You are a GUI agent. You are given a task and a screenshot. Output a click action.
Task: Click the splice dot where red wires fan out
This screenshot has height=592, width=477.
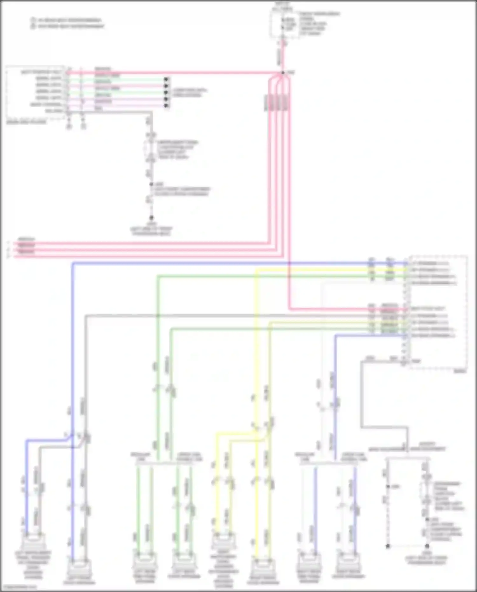283,73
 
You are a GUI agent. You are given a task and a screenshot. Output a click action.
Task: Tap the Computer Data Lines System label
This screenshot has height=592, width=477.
190,93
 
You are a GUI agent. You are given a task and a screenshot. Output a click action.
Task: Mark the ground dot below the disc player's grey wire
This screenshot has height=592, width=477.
151,218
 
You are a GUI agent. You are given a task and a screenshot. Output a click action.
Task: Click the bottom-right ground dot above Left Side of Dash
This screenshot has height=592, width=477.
427,546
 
